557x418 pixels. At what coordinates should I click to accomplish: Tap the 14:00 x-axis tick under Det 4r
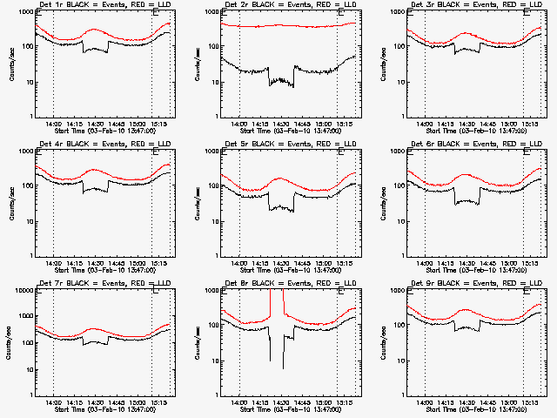pyautogui.click(x=54, y=263)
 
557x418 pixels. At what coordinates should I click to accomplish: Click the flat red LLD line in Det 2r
pyautogui.click(x=287, y=26)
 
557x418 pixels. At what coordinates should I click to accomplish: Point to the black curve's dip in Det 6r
pyautogui.click(x=467, y=202)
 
